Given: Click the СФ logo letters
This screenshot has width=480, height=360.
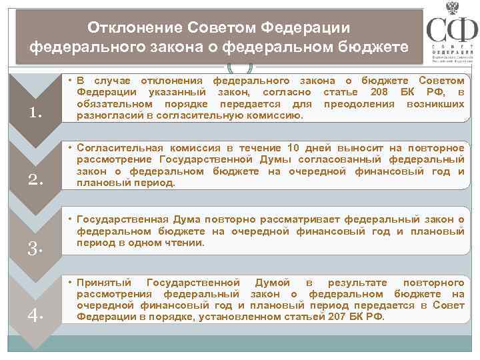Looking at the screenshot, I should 451,31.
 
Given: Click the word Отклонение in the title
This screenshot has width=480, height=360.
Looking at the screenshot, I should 137,29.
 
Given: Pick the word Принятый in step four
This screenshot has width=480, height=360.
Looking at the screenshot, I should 105,283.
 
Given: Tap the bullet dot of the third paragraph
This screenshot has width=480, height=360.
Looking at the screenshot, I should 70,219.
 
